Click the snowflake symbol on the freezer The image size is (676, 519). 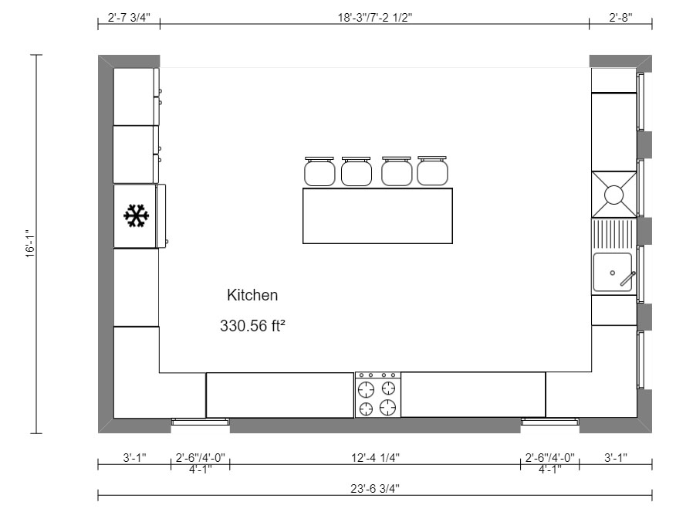[x=137, y=216]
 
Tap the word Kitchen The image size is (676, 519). [x=252, y=295]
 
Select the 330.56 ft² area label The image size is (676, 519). [x=252, y=326]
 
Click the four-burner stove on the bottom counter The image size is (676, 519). [x=378, y=395]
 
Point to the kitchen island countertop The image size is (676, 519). [x=377, y=215]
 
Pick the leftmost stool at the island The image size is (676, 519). [x=319, y=171]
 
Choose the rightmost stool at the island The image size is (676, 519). [x=433, y=171]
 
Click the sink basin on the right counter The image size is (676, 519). [x=612, y=273]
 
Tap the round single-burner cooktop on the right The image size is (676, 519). [x=613, y=195]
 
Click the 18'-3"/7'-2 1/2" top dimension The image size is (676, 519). [x=375, y=17]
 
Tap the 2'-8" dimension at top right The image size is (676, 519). [x=620, y=17]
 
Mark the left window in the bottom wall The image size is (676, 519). [x=200, y=422]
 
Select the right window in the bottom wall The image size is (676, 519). [x=549, y=422]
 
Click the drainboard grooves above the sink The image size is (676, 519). [x=614, y=232]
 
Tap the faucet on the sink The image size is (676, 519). [x=627, y=279]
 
